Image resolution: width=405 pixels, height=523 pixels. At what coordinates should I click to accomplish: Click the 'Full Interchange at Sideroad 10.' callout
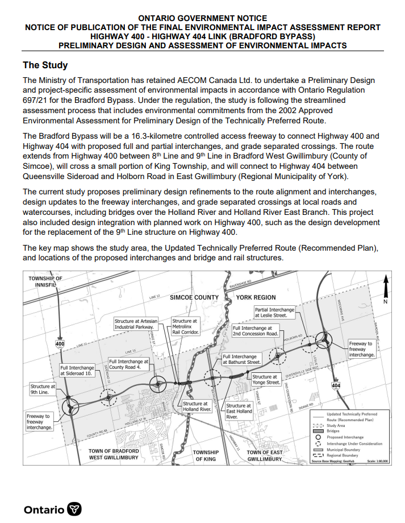click(77, 371)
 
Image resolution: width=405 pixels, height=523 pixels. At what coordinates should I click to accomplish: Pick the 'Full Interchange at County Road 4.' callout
click(129, 364)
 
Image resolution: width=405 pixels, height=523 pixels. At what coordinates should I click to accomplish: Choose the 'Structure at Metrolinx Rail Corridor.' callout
click(185, 326)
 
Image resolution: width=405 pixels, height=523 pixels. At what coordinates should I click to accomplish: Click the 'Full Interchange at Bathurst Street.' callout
click(242, 359)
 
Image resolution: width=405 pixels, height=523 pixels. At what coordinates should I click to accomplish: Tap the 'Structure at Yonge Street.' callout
click(266, 380)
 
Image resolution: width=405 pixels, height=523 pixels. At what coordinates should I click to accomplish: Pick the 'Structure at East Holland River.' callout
click(239, 412)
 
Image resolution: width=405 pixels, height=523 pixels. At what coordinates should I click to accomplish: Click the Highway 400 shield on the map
click(60, 344)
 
